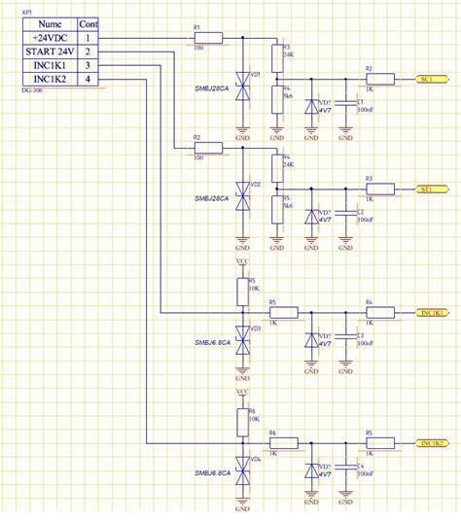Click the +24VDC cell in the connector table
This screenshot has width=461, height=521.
[48, 37]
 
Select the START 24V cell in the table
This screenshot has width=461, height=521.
[48, 51]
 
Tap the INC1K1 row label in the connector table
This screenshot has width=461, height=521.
[48, 64]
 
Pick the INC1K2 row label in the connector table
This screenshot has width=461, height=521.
[48, 78]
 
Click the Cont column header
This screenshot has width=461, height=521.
[88, 23]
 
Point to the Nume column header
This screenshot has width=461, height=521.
[48, 23]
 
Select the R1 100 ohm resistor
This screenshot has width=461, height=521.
[208, 38]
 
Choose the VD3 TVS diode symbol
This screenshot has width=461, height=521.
[243, 337]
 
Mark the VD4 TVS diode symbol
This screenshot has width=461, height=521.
[243, 469]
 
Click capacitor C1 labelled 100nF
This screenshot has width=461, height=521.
[345, 105]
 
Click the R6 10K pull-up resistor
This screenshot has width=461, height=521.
[243, 421]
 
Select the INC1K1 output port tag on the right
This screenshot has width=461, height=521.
[431, 313]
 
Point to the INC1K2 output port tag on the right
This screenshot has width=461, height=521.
[431, 443]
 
